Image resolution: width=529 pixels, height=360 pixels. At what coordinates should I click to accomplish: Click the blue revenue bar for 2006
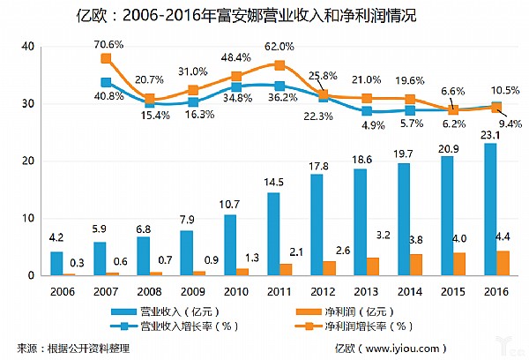56,263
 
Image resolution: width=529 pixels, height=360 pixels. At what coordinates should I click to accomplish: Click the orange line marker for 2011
279,65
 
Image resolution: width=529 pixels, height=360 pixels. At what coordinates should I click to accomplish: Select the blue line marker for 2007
106,83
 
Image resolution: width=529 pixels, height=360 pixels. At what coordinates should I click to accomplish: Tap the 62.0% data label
279,46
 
